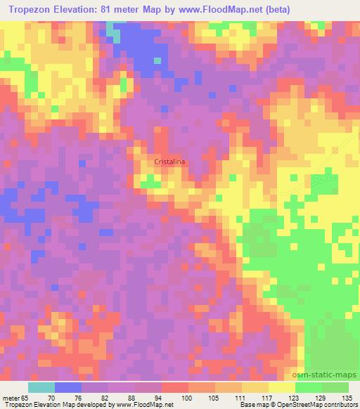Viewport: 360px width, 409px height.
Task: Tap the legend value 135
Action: [349, 398]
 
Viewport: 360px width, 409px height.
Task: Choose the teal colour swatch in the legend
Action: [41, 387]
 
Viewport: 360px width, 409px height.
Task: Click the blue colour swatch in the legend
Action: [68, 387]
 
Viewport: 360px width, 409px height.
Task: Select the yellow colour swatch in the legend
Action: [282, 387]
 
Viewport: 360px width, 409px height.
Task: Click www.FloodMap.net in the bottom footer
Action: [141, 405]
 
